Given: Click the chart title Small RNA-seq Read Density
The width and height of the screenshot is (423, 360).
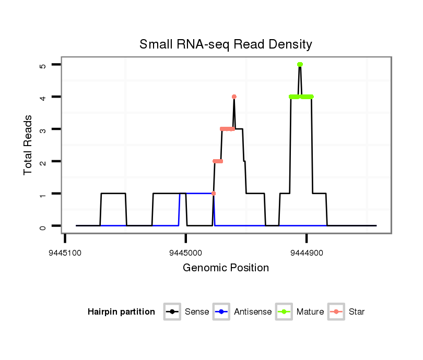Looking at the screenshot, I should [226, 44].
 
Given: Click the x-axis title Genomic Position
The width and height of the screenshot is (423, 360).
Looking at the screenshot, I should [226, 268].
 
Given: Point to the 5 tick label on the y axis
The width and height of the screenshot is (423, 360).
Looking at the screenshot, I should [43, 65].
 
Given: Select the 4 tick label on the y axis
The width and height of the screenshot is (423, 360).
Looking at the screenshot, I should [43, 97].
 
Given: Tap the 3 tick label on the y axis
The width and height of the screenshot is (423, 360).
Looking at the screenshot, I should [43, 129].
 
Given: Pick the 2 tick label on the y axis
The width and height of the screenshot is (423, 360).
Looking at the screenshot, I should [43, 162].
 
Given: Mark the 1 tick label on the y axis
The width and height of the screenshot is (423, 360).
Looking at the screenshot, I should [43, 194].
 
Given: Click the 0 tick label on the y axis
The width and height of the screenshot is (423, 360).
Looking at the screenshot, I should [43, 226].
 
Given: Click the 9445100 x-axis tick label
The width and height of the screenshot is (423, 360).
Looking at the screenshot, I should [65, 252].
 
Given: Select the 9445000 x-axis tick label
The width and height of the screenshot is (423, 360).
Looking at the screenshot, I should [186, 252].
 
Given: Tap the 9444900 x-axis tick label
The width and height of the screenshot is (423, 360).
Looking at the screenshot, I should [307, 252].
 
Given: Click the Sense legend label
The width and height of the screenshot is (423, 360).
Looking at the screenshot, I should [197, 312].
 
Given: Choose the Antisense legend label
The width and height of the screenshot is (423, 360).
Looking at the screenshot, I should [253, 312].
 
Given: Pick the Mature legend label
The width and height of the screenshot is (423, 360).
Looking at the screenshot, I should [310, 312].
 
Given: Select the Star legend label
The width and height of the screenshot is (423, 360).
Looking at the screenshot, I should [357, 312].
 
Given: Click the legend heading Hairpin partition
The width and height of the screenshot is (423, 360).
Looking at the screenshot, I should [121, 312].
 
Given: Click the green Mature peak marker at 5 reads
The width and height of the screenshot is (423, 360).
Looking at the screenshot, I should [300, 64].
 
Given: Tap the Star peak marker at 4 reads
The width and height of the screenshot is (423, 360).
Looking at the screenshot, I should [234, 97].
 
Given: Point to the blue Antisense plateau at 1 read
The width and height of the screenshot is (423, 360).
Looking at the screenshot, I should [196, 194].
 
